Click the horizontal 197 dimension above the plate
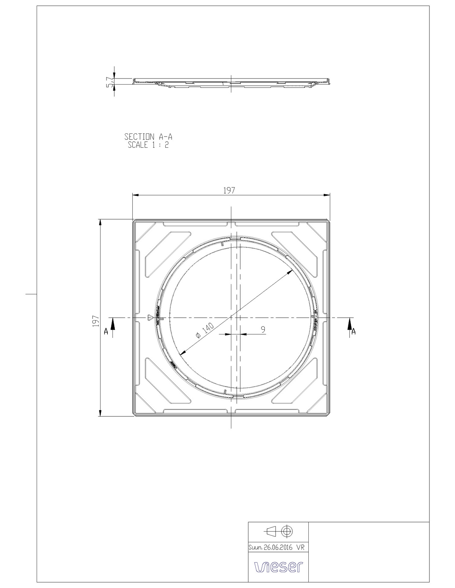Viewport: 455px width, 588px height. (229, 191)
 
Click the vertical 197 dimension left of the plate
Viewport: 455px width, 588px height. (96, 321)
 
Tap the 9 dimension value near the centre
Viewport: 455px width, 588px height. (263, 329)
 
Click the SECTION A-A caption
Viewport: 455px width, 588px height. (148, 137)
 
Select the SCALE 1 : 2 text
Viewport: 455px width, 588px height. (148, 145)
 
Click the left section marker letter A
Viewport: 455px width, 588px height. (106, 332)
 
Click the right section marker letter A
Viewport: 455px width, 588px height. (353, 332)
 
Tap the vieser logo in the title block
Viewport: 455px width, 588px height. (278, 567)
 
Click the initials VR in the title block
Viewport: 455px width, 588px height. (300, 547)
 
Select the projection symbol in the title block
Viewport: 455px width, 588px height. (278, 531)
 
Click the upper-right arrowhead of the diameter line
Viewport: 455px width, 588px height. (290, 272)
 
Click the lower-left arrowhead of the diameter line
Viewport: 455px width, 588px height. (181, 354)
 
